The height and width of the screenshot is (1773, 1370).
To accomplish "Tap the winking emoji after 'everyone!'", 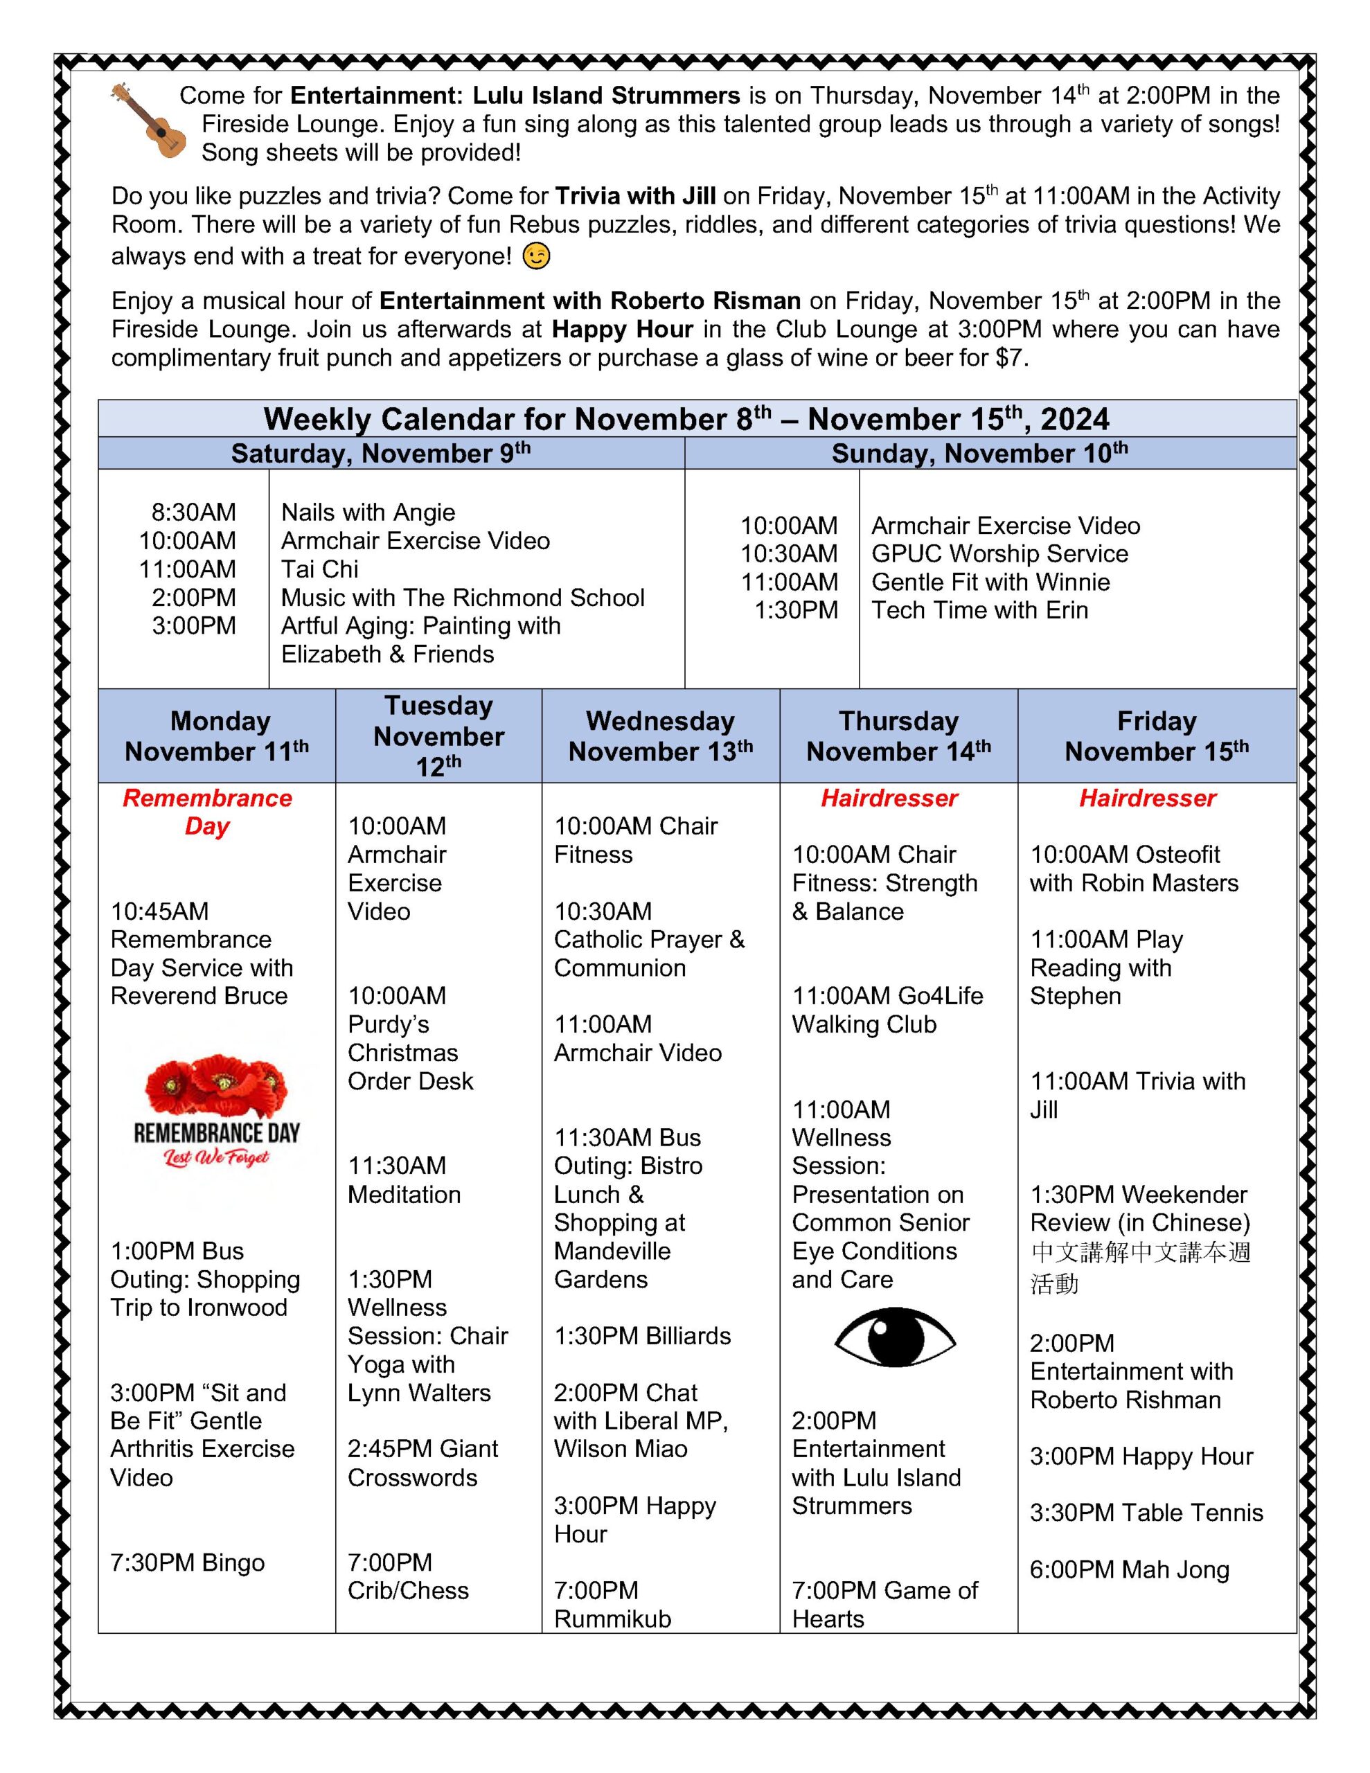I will coord(536,256).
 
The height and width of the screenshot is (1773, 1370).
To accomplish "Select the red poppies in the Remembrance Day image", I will coord(216,1084).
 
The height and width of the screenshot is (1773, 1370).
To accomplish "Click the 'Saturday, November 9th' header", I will coord(380,453).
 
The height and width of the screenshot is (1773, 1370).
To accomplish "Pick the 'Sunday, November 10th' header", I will coord(979,453).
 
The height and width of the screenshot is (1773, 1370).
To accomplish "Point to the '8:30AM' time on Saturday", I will coord(193,513).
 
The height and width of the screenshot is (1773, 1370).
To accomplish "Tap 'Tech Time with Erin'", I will coord(979,610).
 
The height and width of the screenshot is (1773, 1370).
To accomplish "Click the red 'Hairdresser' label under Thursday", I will coord(889,798).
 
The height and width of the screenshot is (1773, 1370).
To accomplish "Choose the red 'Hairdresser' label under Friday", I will coord(1148,798).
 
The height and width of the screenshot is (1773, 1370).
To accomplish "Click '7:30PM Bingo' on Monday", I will coord(188,1562).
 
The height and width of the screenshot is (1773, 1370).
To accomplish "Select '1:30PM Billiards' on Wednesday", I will coord(642,1335).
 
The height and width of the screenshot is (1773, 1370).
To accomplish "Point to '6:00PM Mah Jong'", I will coord(1130,1569).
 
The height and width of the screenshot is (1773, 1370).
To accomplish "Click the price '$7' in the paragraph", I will coord(1009,358).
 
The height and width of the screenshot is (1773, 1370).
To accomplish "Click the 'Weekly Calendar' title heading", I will coord(686,419).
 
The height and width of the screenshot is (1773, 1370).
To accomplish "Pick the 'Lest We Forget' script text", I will coord(216,1158).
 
